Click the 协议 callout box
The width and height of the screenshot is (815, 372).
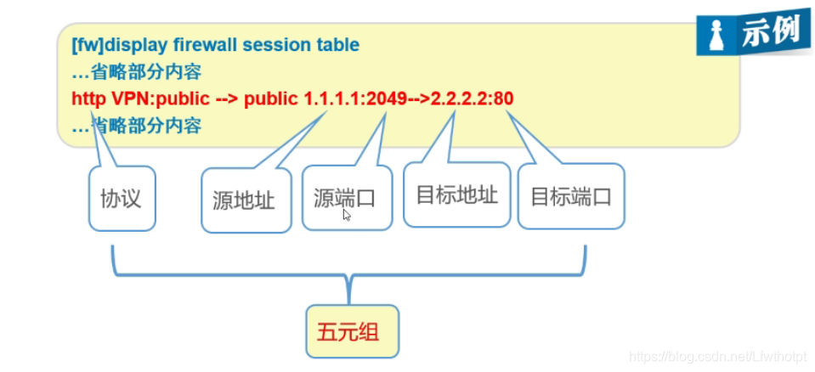[122, 200]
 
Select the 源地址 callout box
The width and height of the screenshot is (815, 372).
[244, 201]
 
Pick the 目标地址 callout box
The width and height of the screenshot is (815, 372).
[456, 195]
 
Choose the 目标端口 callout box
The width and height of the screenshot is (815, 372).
[571, 198]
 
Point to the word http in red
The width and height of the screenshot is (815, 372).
[88, 99]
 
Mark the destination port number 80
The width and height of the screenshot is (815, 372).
[503, 99]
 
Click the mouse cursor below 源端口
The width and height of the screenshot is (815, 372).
[347, 216]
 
